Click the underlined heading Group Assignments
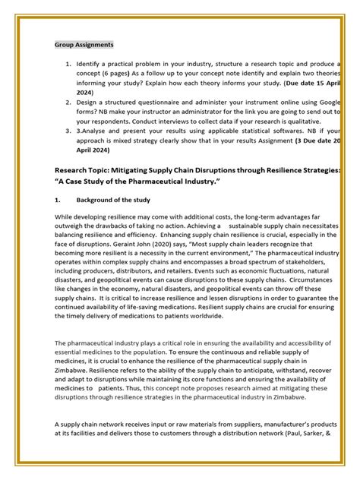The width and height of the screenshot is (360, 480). tap(84, 45)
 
